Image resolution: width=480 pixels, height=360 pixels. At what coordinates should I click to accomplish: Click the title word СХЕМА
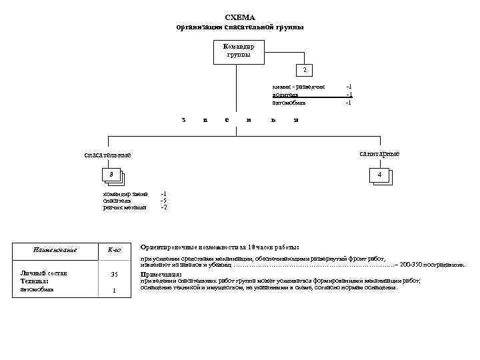(240, 17)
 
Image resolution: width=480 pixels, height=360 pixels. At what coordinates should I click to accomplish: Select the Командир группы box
(238, 51)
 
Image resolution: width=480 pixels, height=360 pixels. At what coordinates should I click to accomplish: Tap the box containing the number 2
(304, 70)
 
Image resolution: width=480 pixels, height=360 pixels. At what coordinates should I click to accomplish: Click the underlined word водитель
(285, 95)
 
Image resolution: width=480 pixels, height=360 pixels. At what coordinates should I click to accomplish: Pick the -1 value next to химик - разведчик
(348, 87)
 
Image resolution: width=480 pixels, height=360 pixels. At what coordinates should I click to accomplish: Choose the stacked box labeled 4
(379, 175)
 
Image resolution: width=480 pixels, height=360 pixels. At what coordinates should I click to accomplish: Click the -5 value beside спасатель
(163, 201)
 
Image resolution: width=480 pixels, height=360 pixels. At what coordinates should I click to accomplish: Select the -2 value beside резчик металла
(163, 208)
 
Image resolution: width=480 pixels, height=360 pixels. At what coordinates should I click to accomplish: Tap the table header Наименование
(55, 250)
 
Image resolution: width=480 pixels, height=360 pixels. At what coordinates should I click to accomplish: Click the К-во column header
(114, 250)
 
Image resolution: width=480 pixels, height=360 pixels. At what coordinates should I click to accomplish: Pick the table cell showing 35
(114, 274)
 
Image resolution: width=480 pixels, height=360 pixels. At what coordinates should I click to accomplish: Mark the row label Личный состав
(41, 273)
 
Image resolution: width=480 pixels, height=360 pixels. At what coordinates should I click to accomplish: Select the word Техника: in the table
(35, 281)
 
